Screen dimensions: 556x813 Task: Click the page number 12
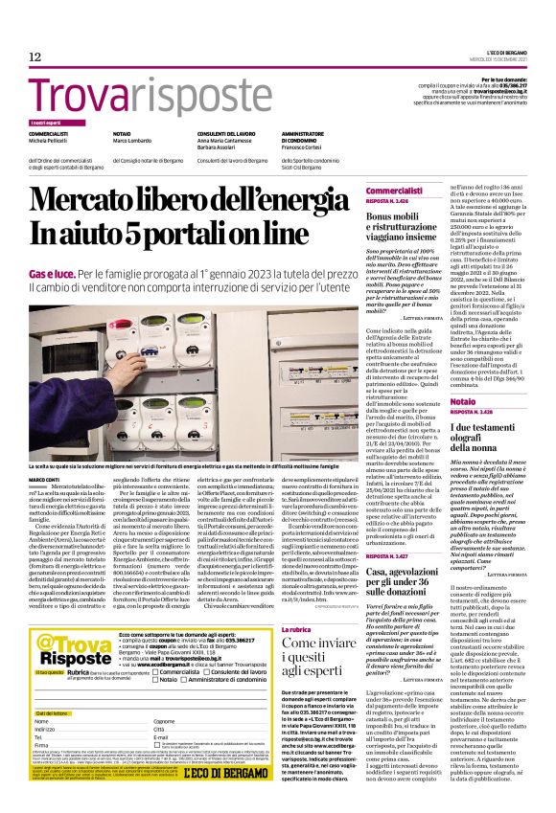pos(35,57)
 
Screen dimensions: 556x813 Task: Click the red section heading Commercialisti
pos(393,192)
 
